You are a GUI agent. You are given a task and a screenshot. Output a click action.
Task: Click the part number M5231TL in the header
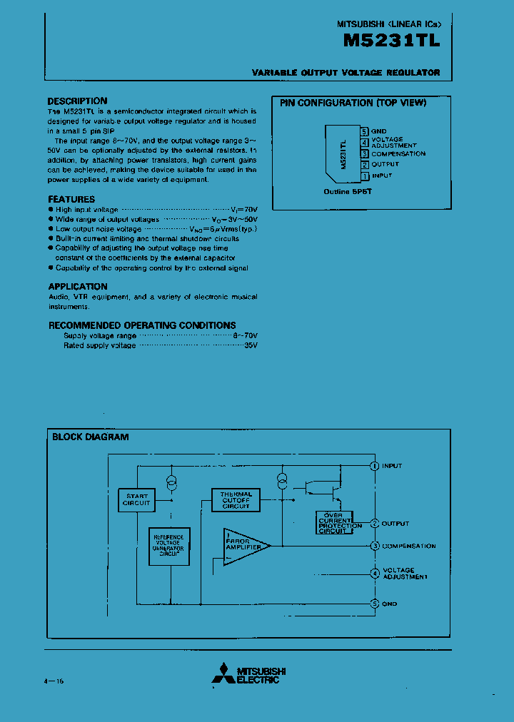391,41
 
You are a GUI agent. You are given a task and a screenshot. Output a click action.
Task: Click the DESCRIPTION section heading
77,101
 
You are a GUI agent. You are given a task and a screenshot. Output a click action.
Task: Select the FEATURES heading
71,200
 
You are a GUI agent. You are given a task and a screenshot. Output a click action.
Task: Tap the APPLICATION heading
78,286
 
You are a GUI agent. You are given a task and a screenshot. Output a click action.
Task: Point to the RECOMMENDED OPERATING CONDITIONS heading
142,325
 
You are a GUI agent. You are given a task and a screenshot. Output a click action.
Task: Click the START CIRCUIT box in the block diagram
136,499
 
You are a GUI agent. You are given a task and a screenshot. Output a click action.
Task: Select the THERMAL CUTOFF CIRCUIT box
236,499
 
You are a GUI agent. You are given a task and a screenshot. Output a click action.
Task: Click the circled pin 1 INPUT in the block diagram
375,466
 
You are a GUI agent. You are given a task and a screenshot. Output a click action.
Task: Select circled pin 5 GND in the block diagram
375,604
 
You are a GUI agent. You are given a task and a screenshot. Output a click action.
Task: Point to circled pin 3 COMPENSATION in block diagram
375,546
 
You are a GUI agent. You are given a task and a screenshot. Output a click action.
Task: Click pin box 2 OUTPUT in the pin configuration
364,164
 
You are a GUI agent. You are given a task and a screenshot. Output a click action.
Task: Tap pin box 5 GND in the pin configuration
364,131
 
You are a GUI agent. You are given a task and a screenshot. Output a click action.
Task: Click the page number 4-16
54,682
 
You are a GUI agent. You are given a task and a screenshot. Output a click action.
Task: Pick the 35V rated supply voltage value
251,345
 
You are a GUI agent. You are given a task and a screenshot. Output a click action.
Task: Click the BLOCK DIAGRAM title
91,437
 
